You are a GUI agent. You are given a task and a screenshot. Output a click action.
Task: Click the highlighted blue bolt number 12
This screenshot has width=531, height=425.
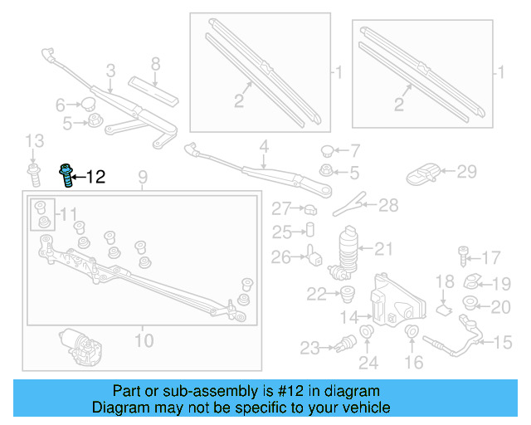coord(65,175)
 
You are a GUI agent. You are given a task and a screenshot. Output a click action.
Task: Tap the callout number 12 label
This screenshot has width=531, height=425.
coord(95,176)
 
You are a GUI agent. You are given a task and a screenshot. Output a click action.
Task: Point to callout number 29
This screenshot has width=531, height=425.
coord(467,172)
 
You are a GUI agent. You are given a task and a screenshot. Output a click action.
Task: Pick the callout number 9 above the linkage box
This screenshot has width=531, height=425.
coord(142,176)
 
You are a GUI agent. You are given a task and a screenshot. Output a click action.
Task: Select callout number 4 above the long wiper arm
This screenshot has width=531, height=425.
coord(264,149)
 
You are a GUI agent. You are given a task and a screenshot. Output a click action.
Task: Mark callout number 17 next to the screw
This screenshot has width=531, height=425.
coord(491,257)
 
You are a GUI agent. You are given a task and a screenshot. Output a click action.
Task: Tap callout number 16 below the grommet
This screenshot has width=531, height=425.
coord(413,362)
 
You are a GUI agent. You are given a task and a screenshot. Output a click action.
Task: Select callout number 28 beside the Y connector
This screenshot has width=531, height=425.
coord(388,205)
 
